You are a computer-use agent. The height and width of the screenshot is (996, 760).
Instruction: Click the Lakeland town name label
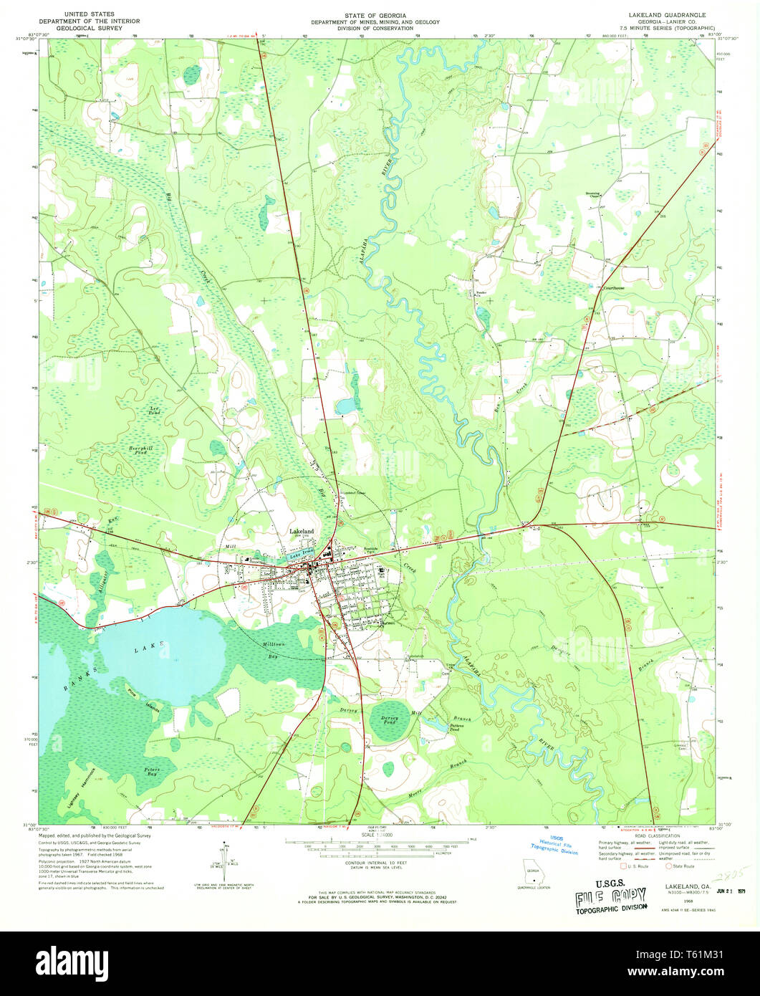point(301,531)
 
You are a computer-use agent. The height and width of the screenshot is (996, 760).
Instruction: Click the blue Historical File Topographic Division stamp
point(559,846)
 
